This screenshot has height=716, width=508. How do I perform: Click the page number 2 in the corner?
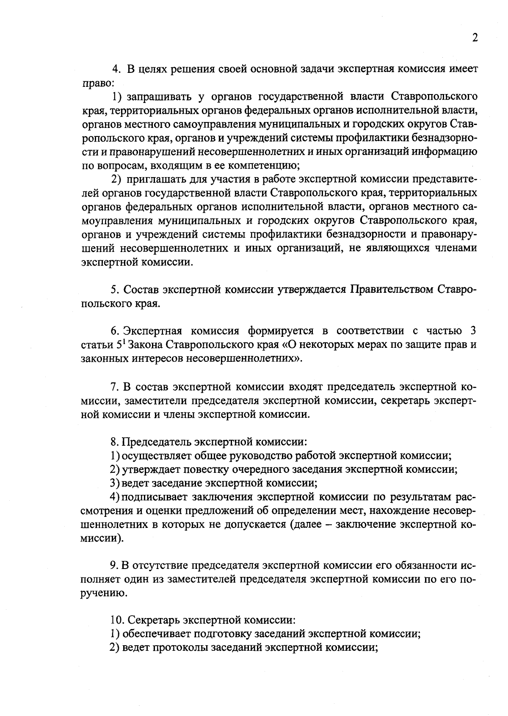[475, 38]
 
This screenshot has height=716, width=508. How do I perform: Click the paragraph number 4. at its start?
[116, 69]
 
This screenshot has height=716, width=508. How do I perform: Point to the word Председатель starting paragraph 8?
[156, 442]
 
